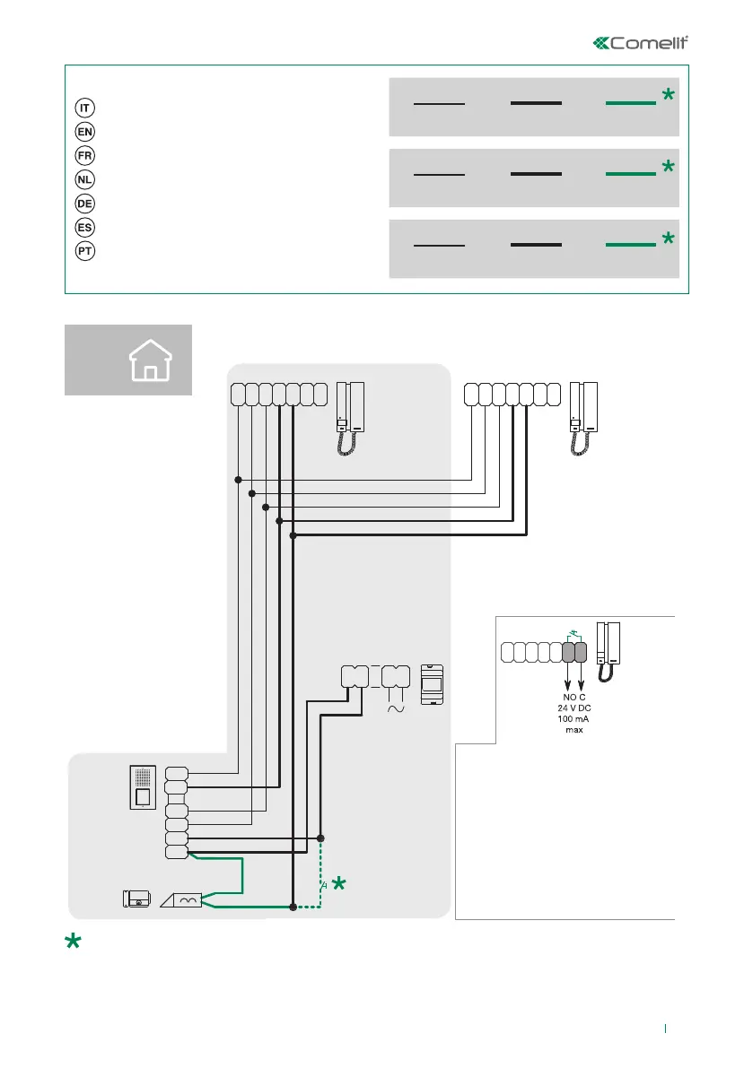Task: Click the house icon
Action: (150, 360)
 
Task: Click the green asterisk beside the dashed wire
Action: (340, 885)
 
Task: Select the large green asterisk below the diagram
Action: (72, 943)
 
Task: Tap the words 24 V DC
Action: (574, 708)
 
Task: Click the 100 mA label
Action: (574, 720)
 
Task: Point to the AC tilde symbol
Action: (395, 708)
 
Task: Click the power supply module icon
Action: (432, 686)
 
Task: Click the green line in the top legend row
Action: (630, 104)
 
